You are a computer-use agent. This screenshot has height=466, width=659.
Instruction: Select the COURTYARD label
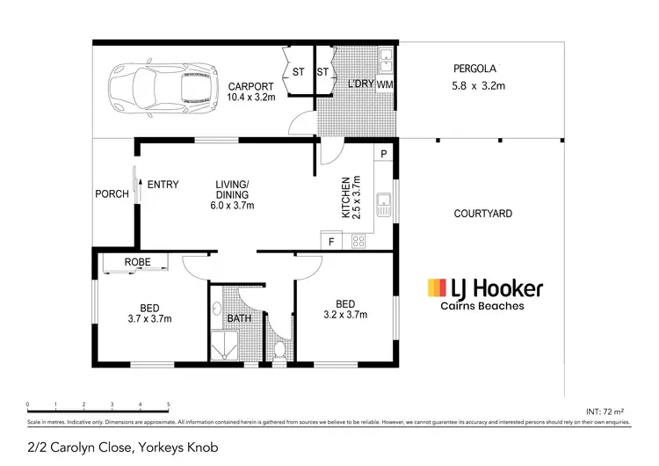click(x=482, y=214)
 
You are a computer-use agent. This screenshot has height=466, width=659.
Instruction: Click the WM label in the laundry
click(x=384, y=84)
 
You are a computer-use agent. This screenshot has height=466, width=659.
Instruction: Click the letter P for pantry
click(x=384, y=154)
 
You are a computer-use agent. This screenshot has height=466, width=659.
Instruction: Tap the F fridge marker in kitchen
click(x=331, y=240)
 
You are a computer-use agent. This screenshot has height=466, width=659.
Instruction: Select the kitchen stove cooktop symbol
click(x=358, y=239)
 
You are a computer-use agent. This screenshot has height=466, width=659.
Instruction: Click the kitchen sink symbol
click(x=384, y=207)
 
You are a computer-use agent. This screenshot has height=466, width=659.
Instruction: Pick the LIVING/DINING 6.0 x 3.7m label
click(x=234, y=194)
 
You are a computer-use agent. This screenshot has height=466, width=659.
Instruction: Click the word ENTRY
click(x=163, y=185)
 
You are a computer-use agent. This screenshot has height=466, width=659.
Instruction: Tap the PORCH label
click(x=112, y=194)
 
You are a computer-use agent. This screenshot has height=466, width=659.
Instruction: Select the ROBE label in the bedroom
click(x=137, y=262)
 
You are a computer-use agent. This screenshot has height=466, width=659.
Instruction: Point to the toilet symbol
click(x=279, y=352)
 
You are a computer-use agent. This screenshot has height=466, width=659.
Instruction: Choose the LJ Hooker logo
click(x=484, y=293)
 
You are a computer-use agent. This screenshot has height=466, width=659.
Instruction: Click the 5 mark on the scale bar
click(x=168, y=406)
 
